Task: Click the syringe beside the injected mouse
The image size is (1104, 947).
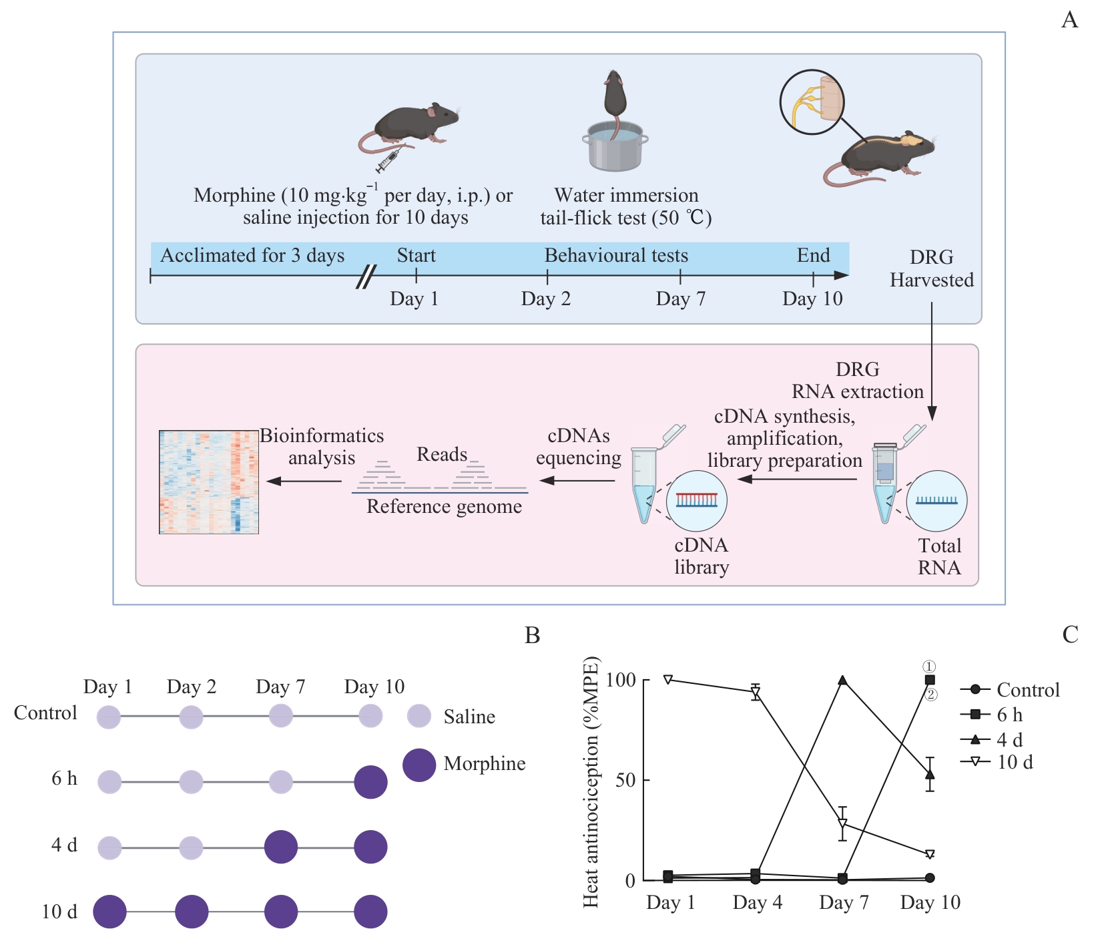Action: pos(387,161)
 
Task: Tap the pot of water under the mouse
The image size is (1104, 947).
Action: pos(615,146)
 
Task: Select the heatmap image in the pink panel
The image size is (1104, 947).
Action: pos(209,482)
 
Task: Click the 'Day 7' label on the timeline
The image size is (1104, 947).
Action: pos(680,299)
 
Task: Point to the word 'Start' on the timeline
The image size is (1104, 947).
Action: pos(416,256)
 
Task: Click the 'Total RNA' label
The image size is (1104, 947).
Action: pos(939,556)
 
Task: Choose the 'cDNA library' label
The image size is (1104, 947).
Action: pos(701,556)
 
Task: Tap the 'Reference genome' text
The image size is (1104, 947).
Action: pos(444,506)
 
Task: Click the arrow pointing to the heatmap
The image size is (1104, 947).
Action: pos(304,481)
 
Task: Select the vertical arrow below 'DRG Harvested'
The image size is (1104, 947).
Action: pos(932,361)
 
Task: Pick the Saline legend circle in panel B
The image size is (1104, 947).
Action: pos(419,716)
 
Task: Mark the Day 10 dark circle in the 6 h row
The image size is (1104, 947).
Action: pos(370,782)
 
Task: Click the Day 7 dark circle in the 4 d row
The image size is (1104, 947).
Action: pos(281,847)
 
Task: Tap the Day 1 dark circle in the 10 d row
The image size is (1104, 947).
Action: pos(109,912)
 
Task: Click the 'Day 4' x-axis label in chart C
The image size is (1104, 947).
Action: pos(757,903)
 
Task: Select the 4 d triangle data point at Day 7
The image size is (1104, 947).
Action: pos(842,681)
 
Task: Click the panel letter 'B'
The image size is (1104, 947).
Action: pos(532,635)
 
